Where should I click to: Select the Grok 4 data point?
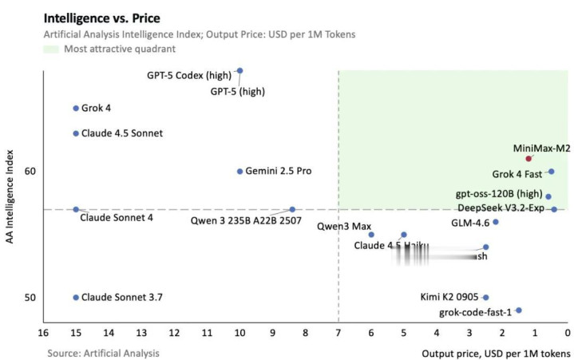[x=76, y=108]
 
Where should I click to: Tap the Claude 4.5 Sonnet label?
[x=122, y=133]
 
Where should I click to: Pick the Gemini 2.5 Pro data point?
[x=239, y=172]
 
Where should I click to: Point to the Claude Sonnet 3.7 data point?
[x=76, y=298]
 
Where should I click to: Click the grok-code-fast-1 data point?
[x=518, y=311]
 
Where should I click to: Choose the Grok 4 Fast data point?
[x=551, y=172]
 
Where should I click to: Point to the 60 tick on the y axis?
[x=30, y=172]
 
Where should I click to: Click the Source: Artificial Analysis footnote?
[x=102, y=352]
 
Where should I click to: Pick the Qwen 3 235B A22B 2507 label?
[x=246, y=220]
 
